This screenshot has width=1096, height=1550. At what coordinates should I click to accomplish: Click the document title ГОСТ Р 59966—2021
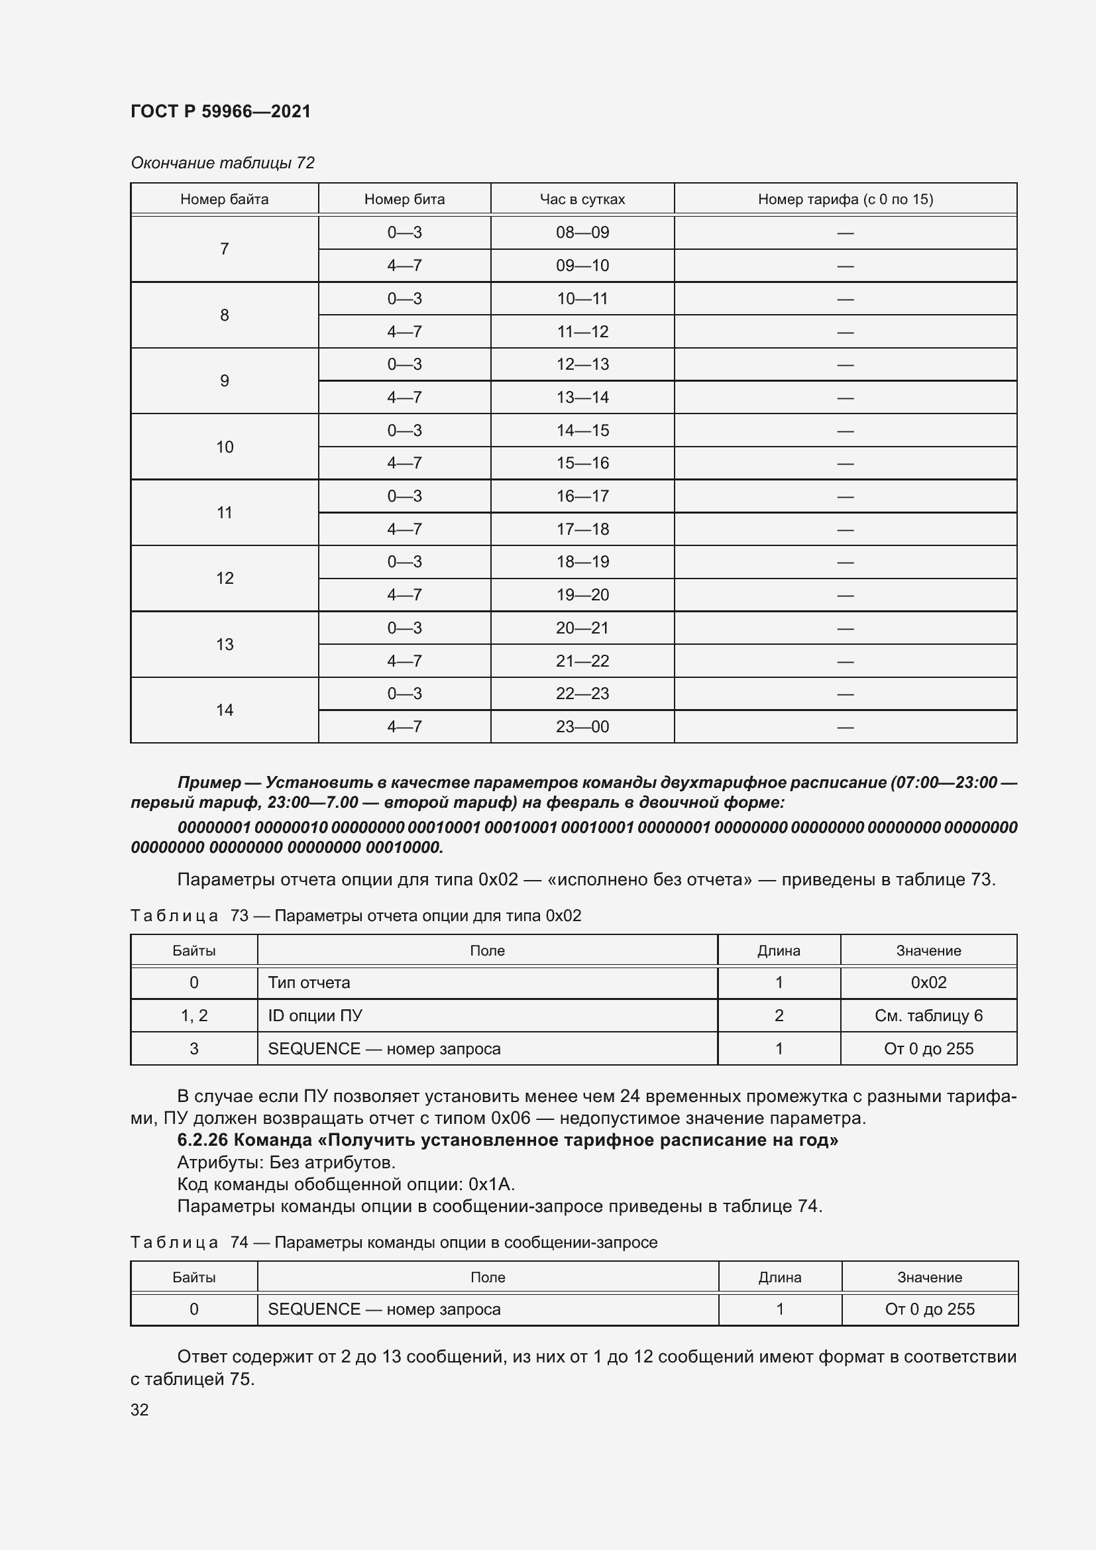click(x=221, y=111)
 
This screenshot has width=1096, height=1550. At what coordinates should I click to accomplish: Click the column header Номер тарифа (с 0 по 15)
click(x=845, y=199)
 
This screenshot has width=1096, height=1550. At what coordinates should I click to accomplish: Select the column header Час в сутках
click(x=582, y=199)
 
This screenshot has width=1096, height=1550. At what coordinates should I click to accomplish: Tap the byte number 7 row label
click(x=224, y=249)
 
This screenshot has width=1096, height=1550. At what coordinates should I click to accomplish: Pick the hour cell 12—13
click(x=582, y=364)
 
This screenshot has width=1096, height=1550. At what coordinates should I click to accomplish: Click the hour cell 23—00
click(x=582, y=727)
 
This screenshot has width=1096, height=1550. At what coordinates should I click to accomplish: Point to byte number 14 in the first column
click(x=224, y=710)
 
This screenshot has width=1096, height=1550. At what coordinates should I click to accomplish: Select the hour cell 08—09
click(x=582, y=233)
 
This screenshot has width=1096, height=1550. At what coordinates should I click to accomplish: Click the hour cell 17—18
click(x=582, y=529)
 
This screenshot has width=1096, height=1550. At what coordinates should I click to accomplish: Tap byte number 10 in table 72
click(x=224, y=447)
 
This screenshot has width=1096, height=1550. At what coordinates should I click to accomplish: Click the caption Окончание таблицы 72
click(x=223, y=163)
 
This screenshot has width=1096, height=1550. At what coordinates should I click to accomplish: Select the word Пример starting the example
click(x=209, y=783)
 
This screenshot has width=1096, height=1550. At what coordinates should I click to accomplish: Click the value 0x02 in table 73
click(x=928, y=983)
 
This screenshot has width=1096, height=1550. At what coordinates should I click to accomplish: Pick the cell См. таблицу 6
click(x=928, y=1016)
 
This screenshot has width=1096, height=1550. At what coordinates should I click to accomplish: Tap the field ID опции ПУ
click(x=315, y=1016)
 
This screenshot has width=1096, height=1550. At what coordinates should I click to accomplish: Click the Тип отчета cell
click(x=309, y=983)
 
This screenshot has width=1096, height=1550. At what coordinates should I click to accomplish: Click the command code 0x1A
click(x=491, y=1184)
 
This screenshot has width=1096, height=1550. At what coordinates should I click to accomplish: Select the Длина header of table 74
click(x=779, y=1277)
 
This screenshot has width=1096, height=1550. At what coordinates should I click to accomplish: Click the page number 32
click(x=140, y=1410)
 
